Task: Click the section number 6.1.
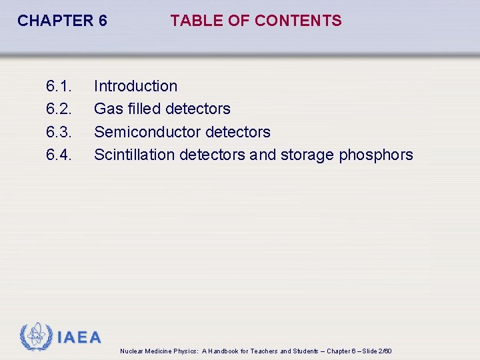pyautogui.click(x=59, y=86)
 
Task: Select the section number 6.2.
pyautogui.click(x=59, y=109)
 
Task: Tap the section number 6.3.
pyautogui.click(x=59, y=132)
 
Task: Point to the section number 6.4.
pyautogui.click(x=59, y=155)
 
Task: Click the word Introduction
pyautogui.click(x=135, y=86)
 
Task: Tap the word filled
pyautogui.click(x=144, y=109)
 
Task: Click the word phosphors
pyautogui.click(x=376, y=155)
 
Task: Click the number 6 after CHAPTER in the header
pyautogui.click(x=103, y=21)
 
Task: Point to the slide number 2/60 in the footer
pyautogui.click(x=385, y=351)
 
